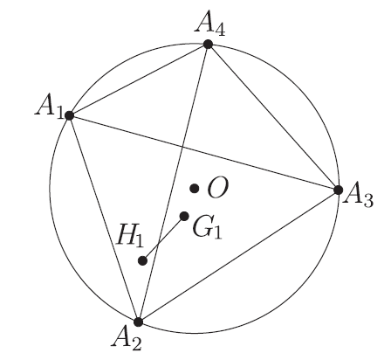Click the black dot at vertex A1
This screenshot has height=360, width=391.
tap(69, 115)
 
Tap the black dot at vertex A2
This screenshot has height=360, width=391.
tap(139, 322)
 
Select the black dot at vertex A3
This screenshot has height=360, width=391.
tap(338, 190)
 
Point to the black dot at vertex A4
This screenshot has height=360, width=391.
tap(208, 45)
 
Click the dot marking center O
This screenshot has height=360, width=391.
tap(195, 189)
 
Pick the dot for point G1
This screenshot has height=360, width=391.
tap(184, 216)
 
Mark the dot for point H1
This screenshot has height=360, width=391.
tap(142, 260)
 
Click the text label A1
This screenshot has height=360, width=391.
tap(49, 107)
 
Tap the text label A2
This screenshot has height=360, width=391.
tap(127, 339)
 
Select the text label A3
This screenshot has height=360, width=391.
tap(358, 197)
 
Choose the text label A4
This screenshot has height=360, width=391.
tap(210, 26)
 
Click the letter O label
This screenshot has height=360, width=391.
tap(218, 188)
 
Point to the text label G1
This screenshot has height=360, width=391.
tap(207, 228)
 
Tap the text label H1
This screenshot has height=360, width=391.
tap(130, 237)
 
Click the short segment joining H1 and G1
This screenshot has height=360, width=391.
tap(163, 239)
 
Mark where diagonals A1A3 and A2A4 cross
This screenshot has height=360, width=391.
tap(182, 147)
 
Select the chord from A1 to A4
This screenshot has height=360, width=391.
tap(139, 80)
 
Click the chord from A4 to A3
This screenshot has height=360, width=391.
tap(273, 117)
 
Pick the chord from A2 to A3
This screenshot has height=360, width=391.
tap(238, 256)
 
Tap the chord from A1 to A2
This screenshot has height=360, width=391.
tap(104, 218)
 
